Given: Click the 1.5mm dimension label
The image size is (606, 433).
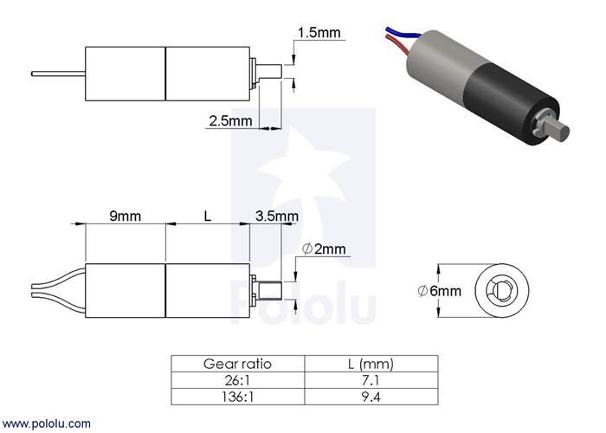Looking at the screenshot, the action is coord(319,33).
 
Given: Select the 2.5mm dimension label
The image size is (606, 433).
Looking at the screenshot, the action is coord(230,121).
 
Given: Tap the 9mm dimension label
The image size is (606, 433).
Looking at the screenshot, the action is coord(125,216).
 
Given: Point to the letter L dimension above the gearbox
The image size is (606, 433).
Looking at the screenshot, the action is coord(208,216).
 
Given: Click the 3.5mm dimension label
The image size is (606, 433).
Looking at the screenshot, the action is coord(277,216).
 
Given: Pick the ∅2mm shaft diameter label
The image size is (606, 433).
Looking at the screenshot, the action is coord(324,249).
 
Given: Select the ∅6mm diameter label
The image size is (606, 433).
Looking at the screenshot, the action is coord(440,291).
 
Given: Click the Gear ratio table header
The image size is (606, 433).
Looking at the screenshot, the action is coord(237,364).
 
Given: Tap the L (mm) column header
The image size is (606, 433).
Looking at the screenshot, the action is coord(371,364).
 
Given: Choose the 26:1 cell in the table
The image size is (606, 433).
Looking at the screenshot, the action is coord(237,381).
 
